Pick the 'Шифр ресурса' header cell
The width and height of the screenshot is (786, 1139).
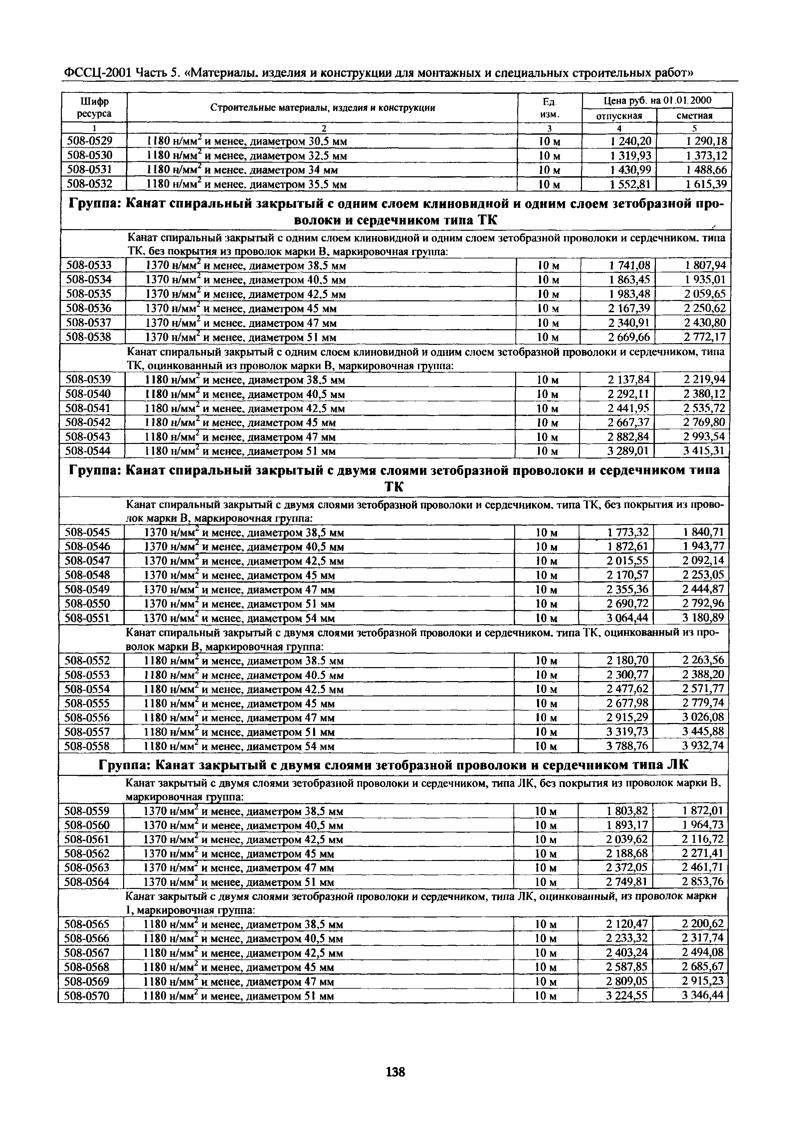point(94,107)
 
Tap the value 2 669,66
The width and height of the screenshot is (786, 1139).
point(629,337)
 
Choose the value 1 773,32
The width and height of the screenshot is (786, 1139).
point(628,532)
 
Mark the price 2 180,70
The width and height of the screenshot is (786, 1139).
point(628,660)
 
